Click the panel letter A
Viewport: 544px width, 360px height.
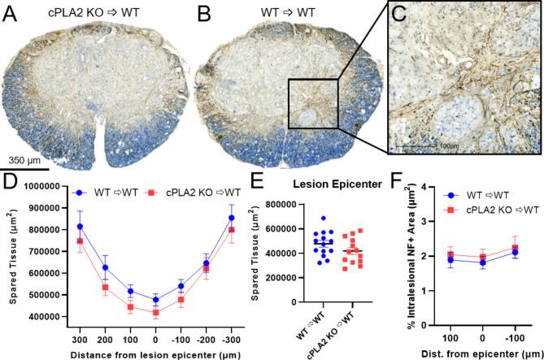(11, 13)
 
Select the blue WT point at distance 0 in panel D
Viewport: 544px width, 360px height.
(156, 299)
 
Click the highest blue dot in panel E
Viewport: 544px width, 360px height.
(325, 219)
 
